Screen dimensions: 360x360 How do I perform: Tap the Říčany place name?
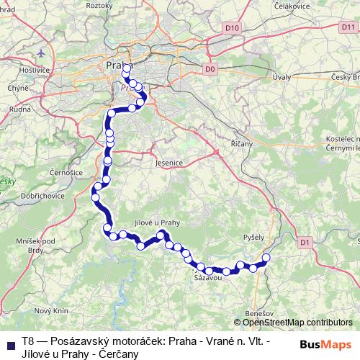242,144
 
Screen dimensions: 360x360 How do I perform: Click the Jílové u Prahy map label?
157,222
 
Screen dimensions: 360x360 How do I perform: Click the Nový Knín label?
50,310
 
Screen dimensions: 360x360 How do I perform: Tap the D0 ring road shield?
210,69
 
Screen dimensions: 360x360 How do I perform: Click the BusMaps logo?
325,343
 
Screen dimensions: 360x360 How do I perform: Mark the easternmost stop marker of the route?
266,258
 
